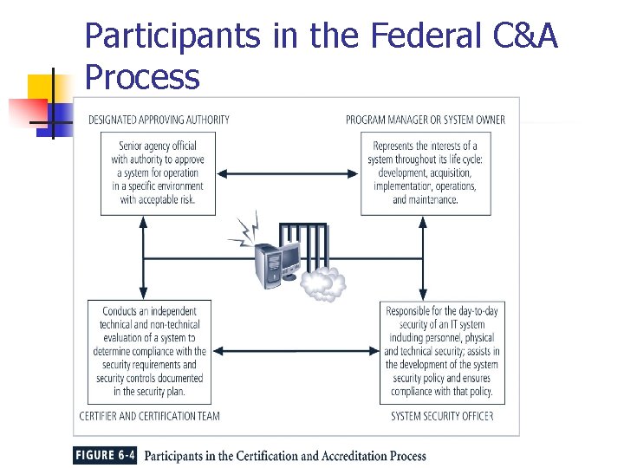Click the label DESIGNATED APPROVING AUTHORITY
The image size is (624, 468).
[x=159, y=120]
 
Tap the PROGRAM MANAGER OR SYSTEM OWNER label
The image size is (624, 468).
[x=425, y=120]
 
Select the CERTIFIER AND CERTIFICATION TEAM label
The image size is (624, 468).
[x=149, y=416]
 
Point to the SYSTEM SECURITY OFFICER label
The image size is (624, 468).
[x=442, y=416]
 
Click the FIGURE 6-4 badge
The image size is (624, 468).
[x=105, y=456]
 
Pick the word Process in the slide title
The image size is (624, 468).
[x=142, y=78]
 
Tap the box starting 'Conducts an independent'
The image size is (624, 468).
[x=149, y=352]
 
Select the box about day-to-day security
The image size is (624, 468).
[x=442, y=352]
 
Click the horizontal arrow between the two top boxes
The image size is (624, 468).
[x=289, y=174]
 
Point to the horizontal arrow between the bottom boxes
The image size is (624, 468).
[x=295, y=351]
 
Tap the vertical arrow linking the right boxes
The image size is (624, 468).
[x=423, y=257]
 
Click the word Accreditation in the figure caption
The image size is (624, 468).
[x=332, y=456]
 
